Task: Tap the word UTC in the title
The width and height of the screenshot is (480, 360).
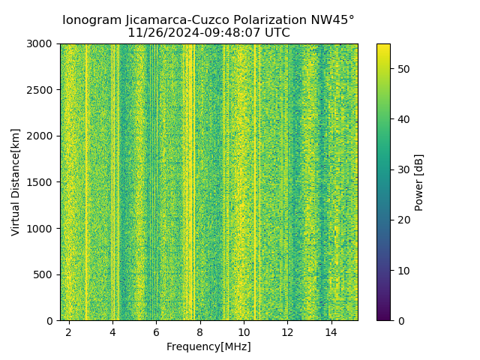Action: [276, 33]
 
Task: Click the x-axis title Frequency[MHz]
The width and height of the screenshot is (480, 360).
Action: [208, 346]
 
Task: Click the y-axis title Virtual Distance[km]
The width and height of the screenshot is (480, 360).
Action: [16, 182]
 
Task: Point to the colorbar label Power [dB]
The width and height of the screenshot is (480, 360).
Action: [419, 182]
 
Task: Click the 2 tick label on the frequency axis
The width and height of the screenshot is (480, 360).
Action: [69, 331]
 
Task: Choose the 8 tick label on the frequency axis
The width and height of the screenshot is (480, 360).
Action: [200, 331]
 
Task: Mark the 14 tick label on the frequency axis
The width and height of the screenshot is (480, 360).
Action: [331, 331]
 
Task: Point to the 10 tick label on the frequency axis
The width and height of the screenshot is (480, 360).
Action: [244, 331]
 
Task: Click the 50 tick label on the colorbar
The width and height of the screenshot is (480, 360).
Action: [402, 69]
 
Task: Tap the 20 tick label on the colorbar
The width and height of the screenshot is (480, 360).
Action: [402, 220]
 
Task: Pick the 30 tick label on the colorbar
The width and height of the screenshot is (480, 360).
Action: [402, 169]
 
